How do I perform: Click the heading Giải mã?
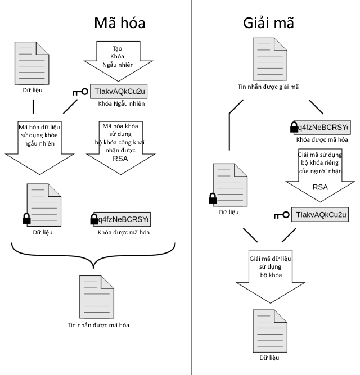(269, 24)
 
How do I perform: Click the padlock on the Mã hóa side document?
(26, 218)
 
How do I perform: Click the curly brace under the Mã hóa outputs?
(93, 250)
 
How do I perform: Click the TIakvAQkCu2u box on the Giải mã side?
(319, 215)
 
